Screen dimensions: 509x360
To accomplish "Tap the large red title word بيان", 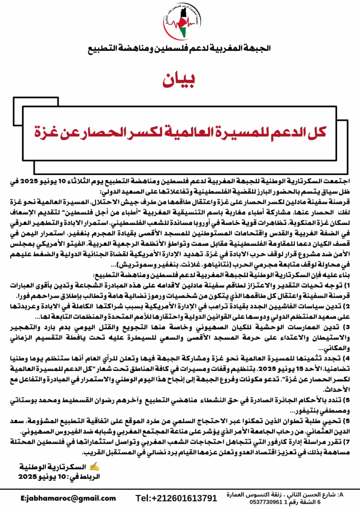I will click(x=179, y=80).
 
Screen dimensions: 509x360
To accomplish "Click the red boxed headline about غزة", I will click(x=180, y=132).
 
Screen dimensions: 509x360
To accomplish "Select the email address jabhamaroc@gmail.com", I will click(x=68, y=498).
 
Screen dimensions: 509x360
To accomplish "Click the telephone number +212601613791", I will click(x=176, y=498).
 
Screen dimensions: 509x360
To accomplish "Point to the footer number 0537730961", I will click(x=266, y=502).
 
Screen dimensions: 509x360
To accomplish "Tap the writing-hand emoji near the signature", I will click(x=94, y=467).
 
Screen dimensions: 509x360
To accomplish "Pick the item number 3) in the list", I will click(x=347, y=327).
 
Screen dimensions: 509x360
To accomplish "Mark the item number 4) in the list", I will click(x=346, y=359).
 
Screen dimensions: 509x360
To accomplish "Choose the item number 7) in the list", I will click(x=347, y=442).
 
